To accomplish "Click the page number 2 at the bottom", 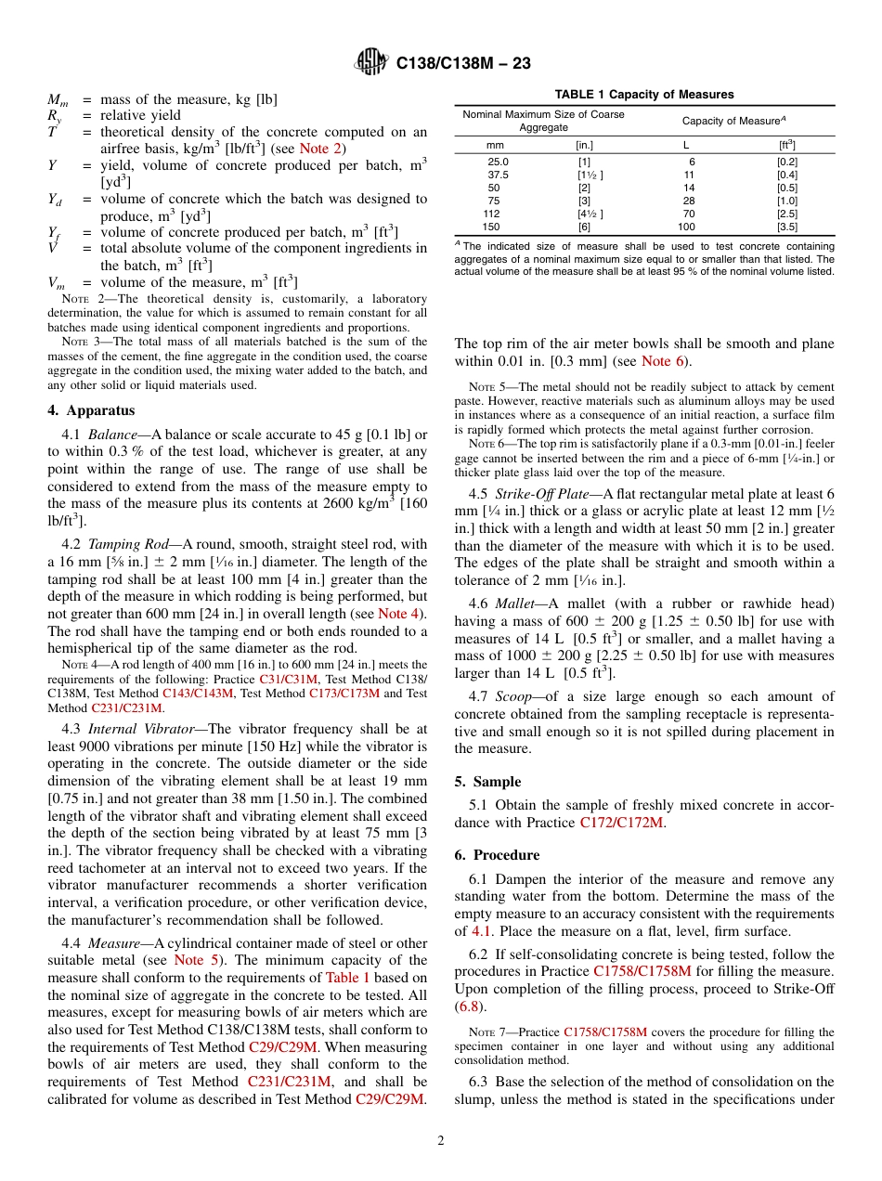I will tap(441, 1140).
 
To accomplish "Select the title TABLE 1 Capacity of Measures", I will tap(644, 95).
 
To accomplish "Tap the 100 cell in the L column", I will tap(686, 227).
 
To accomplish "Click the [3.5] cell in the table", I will tap(786, 227).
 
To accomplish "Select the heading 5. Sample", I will tap(487, 782).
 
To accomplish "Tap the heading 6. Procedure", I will tap(497, 854).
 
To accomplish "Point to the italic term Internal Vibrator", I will tap(132, 729).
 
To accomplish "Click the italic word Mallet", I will tap(515, 603).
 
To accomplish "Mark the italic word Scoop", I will tap(513, 696).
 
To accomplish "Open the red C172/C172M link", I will tap(621, 823).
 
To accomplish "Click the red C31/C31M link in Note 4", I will tap(289, 679).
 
